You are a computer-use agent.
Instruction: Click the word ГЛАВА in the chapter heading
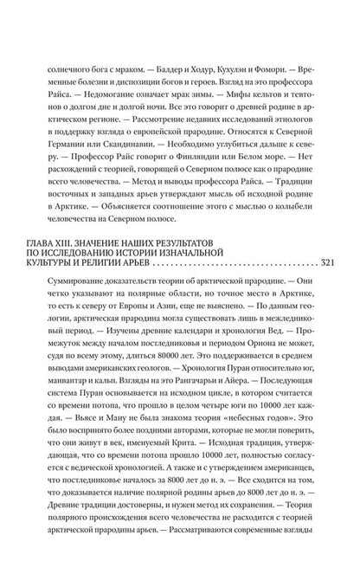pyautogui.click(x=56, y=236)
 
